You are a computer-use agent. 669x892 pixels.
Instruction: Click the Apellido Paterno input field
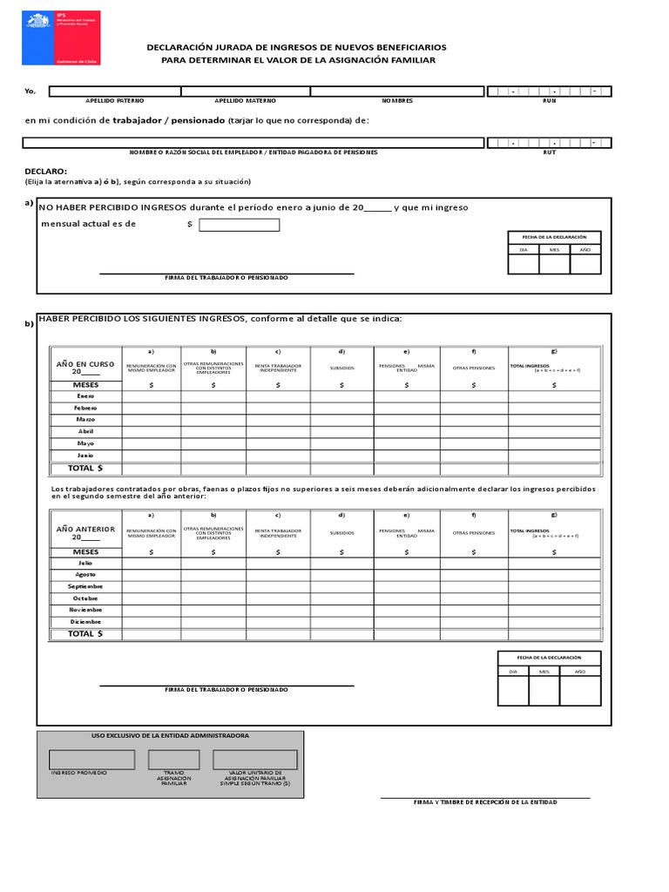pyautogui.click(x=114, y=91)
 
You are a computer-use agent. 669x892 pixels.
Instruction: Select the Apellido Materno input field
pyautogui.click(x=246, y=91)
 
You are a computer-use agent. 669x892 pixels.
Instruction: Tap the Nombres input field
pyautogui.click(x=397, y=91)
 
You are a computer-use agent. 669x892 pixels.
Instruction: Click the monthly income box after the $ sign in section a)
pyautogui.click(x=240, y=225)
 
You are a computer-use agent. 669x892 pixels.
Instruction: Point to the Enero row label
pyautogui.click(x=85, y=395)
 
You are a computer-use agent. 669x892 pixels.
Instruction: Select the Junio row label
pyautogui.click(x=85, y=455)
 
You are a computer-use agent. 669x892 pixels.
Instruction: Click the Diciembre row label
pyautogui.click(x=85, y=622)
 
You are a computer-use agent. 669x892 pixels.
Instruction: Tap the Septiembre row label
pyautogui.click(x=85, y=586)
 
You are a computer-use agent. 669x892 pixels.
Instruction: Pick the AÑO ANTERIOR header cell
pyautogui.click(x=85, y=533)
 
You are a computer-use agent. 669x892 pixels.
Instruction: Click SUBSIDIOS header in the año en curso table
pyautogui.click(x=342, y=368)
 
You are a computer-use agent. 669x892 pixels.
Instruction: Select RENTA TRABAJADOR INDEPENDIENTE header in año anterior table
pyautogui.click(x=279, y=532)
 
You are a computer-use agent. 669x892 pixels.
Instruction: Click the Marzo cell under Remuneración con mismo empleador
pyautogui.click(x=152, y=419)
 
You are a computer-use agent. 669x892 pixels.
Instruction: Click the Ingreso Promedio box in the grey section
pyautogui.click(x=91, y=759)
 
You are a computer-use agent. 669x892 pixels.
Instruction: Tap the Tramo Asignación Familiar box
pyautogui.click(x=174, y=759)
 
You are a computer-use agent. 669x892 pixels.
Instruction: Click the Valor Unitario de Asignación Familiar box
pyautogui.click(x=254, y=759)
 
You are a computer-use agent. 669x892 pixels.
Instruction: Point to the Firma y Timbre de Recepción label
pyautogui.click(x=485, y=802)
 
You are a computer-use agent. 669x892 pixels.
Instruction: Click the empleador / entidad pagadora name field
pyautogui.click(x=253, y=142)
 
